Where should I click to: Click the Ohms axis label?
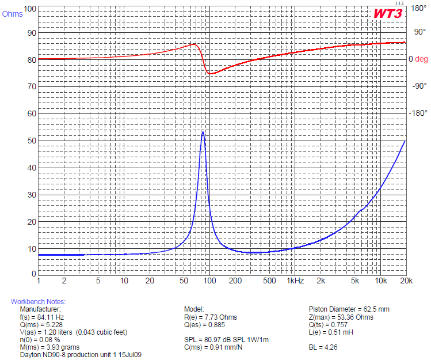tap(13, 14)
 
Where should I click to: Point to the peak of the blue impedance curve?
tap(203, 132)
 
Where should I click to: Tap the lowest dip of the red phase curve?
tap(210, 74)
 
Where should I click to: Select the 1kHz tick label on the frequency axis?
tap(295, 281)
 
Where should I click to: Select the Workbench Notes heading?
tap(38, 302)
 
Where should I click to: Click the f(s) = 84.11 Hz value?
tap(42, 317)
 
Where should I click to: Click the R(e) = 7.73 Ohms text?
tap(210, 317)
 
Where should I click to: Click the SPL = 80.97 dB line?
tap(226, 340)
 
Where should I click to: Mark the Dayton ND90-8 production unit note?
tap(81, 355)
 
